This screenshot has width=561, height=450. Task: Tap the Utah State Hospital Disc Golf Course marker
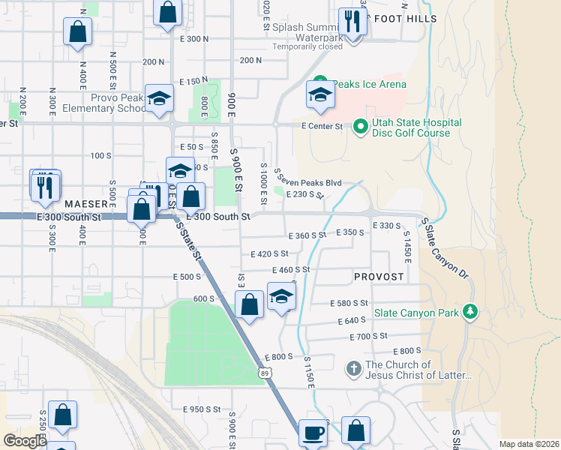pos(359,127)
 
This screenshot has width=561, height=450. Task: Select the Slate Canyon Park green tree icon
pos(470,311)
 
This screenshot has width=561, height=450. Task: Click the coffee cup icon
pos(313,433)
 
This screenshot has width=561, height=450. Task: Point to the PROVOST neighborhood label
pos(379,277)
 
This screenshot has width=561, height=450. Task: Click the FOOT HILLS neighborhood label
pos(405,19)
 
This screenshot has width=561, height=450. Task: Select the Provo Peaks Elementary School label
pos(118,103)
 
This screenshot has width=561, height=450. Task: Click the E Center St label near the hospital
pos(322,127)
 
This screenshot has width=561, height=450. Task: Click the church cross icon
pos(354,368)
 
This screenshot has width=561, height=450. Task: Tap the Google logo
pos(25,441)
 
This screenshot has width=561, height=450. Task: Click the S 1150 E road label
pos(307,371)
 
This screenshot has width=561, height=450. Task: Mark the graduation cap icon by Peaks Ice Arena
pos(319,95)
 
